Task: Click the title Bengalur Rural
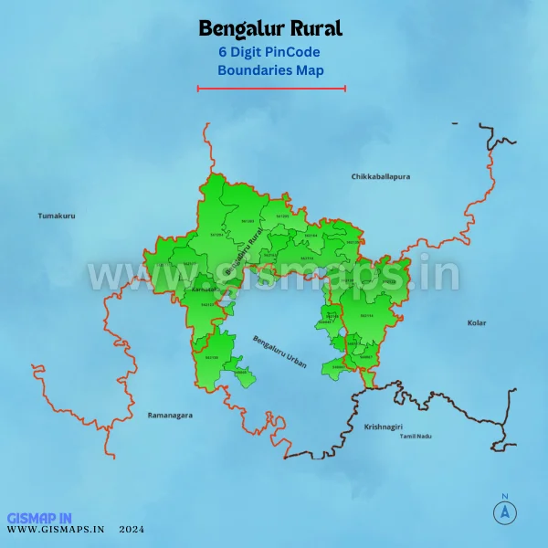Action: coord(270,29)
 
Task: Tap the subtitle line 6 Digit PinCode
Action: coord(270,52)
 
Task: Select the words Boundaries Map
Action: coord(270,69)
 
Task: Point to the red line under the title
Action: coord(271,89)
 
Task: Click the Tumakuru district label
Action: coord(57,216)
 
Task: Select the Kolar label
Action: coord(477,322)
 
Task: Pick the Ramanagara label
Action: coord(170,415)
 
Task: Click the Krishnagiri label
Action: coord(383,427)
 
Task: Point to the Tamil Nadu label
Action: coord(416,437)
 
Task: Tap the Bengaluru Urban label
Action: coord(280,352)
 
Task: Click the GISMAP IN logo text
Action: coord(38,517)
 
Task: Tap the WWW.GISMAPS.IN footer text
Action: coord(56,529)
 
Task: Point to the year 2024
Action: coord(131,529)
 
